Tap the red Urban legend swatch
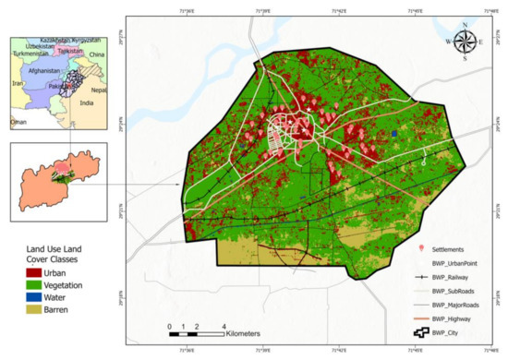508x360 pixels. point(22,273)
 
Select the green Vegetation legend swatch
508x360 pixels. point(22,285)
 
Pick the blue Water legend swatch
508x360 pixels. point(22,297)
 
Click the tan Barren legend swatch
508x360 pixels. point(22,309)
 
